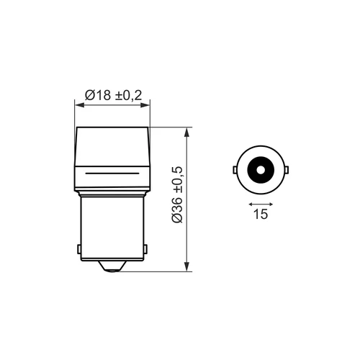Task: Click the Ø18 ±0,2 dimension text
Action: coord(114,95)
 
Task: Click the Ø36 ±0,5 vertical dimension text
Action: coord(177,194)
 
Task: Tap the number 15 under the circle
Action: coord(261,214)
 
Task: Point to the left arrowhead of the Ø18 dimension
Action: coord(79,105)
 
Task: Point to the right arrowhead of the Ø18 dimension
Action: coord(145,105)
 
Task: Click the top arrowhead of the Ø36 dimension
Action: coord(187,132)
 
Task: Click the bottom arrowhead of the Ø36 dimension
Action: coord(187,267)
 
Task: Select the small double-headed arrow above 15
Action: coord(261,204)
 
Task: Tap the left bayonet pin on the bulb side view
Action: coord(79,249)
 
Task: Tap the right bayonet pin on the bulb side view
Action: coord(145,249)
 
